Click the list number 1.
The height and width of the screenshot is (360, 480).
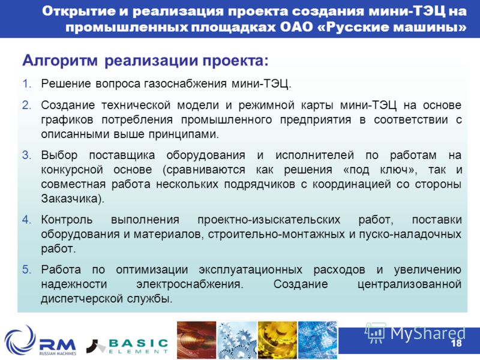click(x=27, y=83)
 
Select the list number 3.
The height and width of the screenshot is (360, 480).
click(x=27, y=155)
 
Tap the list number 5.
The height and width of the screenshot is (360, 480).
click(x=27, y=269)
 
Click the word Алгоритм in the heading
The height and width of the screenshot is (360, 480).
click(x=60, y=61)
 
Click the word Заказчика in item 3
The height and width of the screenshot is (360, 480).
click(x=70, y=199)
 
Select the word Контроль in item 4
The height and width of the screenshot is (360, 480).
click(x=67, y=220)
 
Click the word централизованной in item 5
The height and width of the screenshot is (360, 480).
click(x=410, y=284)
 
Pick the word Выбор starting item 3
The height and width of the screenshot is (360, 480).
click(x=59, y=155)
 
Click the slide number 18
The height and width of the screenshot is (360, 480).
click(x=456, y=343)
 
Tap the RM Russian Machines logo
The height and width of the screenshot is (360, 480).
click(x=41, y=341)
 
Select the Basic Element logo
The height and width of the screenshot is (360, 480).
click(x=127, y=346)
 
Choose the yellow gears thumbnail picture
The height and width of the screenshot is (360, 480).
click(x=277, y=340)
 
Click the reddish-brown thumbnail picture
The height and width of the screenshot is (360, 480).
click(x=197, y=340)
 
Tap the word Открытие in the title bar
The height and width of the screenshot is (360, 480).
click(x=79, y=11)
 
